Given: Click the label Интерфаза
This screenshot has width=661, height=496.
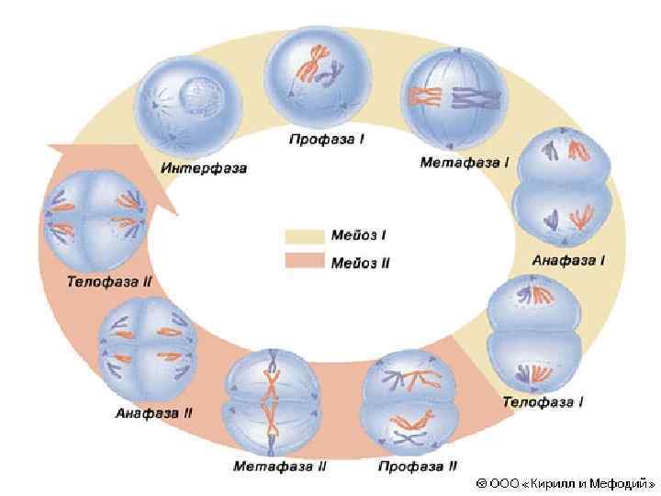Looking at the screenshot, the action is (204, 168).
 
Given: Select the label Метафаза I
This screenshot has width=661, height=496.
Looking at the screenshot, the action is (465, 163).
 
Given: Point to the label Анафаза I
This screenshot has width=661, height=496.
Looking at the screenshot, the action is (568, 260).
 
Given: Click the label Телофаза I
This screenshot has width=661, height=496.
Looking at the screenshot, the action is (543, 401).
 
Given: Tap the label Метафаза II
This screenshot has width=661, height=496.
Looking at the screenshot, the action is (279, 467).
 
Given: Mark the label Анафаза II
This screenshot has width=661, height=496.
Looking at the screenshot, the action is (153, 412).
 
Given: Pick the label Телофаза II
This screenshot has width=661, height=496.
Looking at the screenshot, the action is (108, 281).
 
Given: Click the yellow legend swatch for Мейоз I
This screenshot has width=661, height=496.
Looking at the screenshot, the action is (303, 236).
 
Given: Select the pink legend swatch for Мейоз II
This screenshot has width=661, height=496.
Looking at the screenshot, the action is (303, 262).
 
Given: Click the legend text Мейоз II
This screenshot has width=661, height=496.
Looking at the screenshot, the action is (361, 263).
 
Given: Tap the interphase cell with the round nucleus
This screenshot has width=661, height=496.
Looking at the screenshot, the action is (189, 109).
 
